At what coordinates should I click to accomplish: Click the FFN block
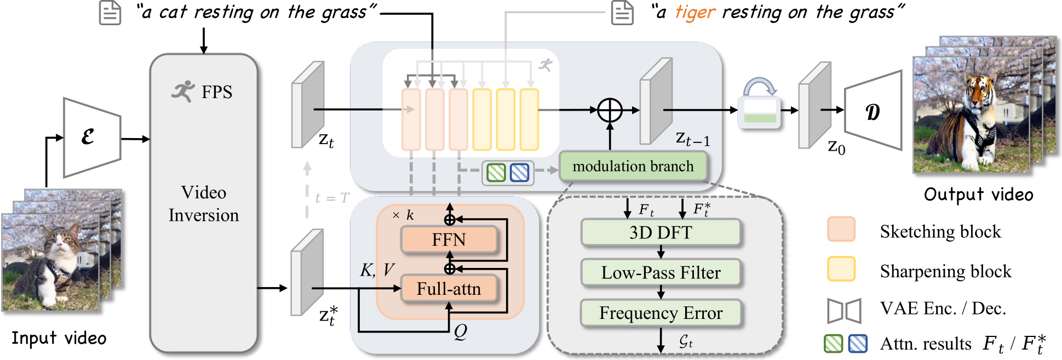tap(449, 239)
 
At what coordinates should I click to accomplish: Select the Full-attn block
tap(449, 289)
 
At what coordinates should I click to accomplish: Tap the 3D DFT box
tap(661, 232)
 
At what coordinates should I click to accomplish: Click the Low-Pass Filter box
tap(661, 272)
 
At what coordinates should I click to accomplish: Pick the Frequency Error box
tap(661, 313)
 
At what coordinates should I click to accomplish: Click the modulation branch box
tap(633, 166)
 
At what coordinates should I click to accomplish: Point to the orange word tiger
tap(695, 12)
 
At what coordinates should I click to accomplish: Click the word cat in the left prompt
tap(173, 12)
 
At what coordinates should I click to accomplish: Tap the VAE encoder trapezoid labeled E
tap(92, 138)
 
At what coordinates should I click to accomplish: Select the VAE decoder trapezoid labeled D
tap(873, 111)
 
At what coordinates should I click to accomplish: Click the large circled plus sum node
tap(610, 110)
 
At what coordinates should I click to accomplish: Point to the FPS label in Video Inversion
tap(216, 92)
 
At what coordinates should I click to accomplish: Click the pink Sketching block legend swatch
tap(841, 230)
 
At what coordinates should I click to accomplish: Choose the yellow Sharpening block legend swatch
tap(841, 269)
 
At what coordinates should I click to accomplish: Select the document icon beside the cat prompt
tap(110, 13)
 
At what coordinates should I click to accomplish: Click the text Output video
tap(979, 195)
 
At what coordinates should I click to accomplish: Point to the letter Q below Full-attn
tap(461, 332)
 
